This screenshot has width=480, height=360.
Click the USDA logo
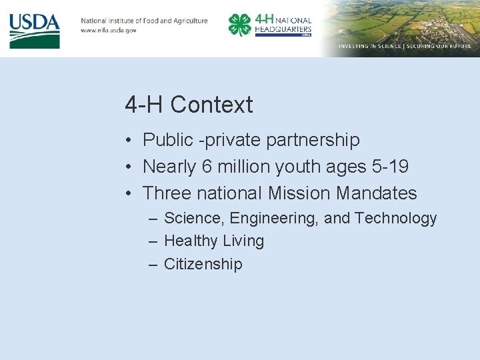click(35, 30)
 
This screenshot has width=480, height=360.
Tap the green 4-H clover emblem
click(239, 25)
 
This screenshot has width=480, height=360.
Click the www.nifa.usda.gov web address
click(109, 31)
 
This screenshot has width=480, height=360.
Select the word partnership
click(313, 140)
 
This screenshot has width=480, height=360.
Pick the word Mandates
click(377, 193)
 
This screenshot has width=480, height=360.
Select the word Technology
click(396, 219)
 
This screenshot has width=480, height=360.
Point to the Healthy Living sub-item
click(214, 241)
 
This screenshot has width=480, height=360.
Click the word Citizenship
click(203, 264)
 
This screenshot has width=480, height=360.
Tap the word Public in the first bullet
click(168, 140)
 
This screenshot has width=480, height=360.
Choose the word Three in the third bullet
click(168, 193)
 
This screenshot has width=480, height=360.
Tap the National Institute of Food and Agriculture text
click(144, 21)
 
